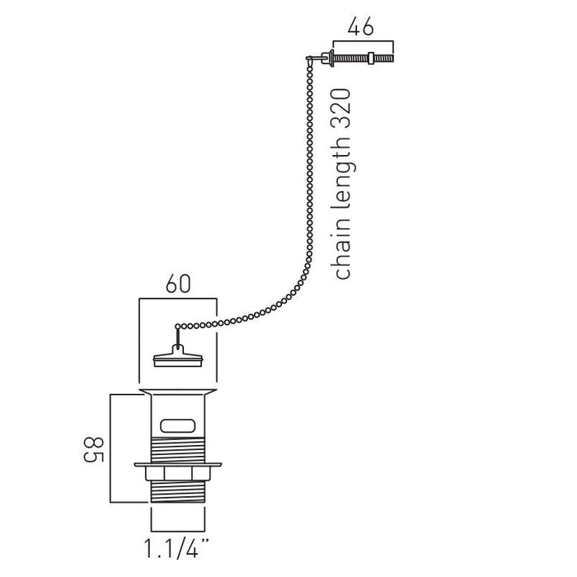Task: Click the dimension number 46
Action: tap(360, 27)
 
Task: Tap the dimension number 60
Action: tap(178, 284)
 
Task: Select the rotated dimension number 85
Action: tap(94, 450)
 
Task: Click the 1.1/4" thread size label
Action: tap(176, 548)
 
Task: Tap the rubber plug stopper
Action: tap(178, 356)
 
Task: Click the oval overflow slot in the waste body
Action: tap(178, 426)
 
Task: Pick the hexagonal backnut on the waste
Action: tap(178, 473)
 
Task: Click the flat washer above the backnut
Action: tap(178, 465)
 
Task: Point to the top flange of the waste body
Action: tap(178, 392)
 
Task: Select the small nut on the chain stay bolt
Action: tap(371, 59)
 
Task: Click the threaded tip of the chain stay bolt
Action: tap(384, 59)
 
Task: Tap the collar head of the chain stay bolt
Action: tap(331, 59)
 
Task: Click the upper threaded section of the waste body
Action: tap(178, 450)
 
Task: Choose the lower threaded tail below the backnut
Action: tap(178, 491)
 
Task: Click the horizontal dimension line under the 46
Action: tap(364, 40)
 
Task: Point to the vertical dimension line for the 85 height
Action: tap(110, 448)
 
